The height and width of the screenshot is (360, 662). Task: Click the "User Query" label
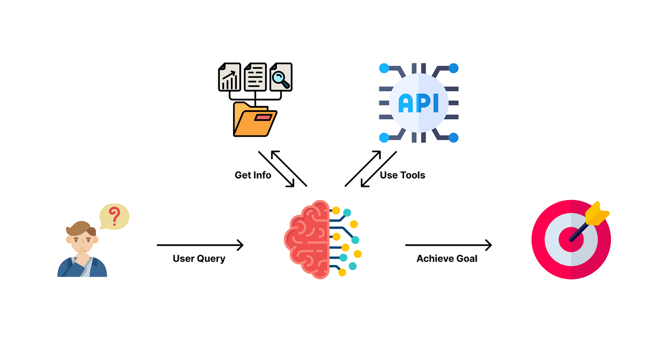coord(199,259)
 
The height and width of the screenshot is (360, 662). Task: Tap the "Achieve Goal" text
coord(447,259)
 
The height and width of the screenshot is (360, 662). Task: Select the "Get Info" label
coord(253,175)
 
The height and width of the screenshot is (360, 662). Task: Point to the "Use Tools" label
coord(402,175)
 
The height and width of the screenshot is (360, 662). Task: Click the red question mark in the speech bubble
coord(114,216)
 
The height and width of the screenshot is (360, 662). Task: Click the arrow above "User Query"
coord(200,245)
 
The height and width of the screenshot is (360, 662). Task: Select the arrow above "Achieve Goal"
coord(448,245)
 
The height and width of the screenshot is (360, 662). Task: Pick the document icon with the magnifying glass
coord(281,77)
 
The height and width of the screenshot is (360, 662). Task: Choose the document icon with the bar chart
coord(229,77)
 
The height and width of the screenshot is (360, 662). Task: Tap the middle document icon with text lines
coord(255,77)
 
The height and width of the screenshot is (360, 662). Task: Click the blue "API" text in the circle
coord(418,103)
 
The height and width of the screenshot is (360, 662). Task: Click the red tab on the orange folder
coord(262,118)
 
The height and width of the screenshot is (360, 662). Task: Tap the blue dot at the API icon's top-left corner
coord(384,68)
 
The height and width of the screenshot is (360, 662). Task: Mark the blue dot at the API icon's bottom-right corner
coord(453,138)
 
